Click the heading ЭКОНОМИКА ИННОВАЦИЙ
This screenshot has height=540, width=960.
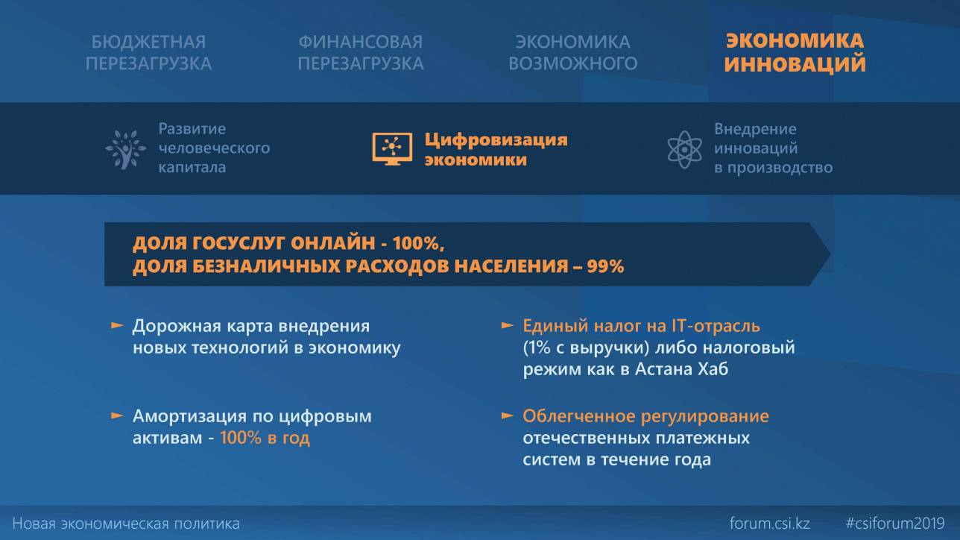(795, 52)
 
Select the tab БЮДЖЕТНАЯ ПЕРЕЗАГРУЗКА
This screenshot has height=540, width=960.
(148, 52)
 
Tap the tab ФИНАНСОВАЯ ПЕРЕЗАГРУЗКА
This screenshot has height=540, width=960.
(361, 52)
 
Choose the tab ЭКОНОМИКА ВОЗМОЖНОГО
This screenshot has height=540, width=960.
(572, 52)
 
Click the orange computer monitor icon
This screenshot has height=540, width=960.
(392, 148)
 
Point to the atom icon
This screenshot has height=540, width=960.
(684, 149)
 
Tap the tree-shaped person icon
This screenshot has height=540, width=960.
(125, 149)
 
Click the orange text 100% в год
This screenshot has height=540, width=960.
(265, 438)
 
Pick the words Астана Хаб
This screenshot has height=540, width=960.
(681, 369)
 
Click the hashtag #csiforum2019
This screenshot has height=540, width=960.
(895, 524)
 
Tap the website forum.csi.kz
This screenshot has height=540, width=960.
(770, 524)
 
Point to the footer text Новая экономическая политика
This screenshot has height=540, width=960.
(126, 524)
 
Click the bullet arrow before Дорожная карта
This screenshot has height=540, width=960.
(117, 325)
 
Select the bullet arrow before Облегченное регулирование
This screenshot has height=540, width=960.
(508, 415)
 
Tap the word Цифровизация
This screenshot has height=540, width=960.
(496, 139)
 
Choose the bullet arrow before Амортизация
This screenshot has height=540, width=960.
(117, 415)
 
